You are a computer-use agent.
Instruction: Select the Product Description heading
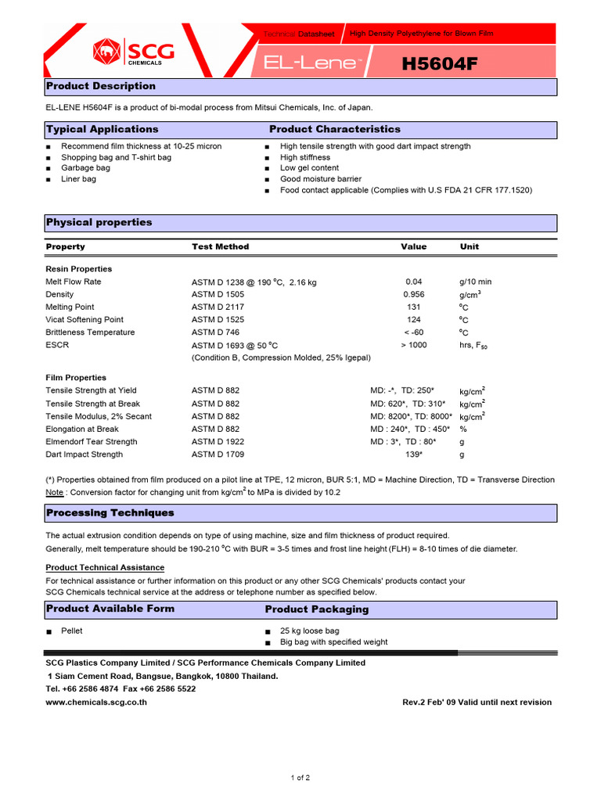click(x=101, y=86)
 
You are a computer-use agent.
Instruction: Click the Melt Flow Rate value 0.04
click(x=413, y=282)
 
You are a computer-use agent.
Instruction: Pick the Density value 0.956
click(x=413, y=294)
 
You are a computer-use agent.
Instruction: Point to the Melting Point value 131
click(x=413, y=307)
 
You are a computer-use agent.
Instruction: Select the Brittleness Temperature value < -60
click(x=413, y=332)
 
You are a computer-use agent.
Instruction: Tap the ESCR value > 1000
click(x=414, y=345)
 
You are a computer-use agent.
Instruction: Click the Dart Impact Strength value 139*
click(x=414, y=454)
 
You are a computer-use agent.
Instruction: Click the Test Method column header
click(x=220, y=246)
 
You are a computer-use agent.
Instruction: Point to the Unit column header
click(x=470, y=246)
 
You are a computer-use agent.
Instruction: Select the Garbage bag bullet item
click(x=85, y=168)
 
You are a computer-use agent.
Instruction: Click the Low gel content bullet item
click(x=309, y=168)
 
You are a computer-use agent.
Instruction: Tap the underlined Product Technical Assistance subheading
click(x=105, y=567)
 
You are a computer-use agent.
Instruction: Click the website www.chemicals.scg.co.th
click(x=96, y=702)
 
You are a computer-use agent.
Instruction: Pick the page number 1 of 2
click(x=300, y=778)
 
